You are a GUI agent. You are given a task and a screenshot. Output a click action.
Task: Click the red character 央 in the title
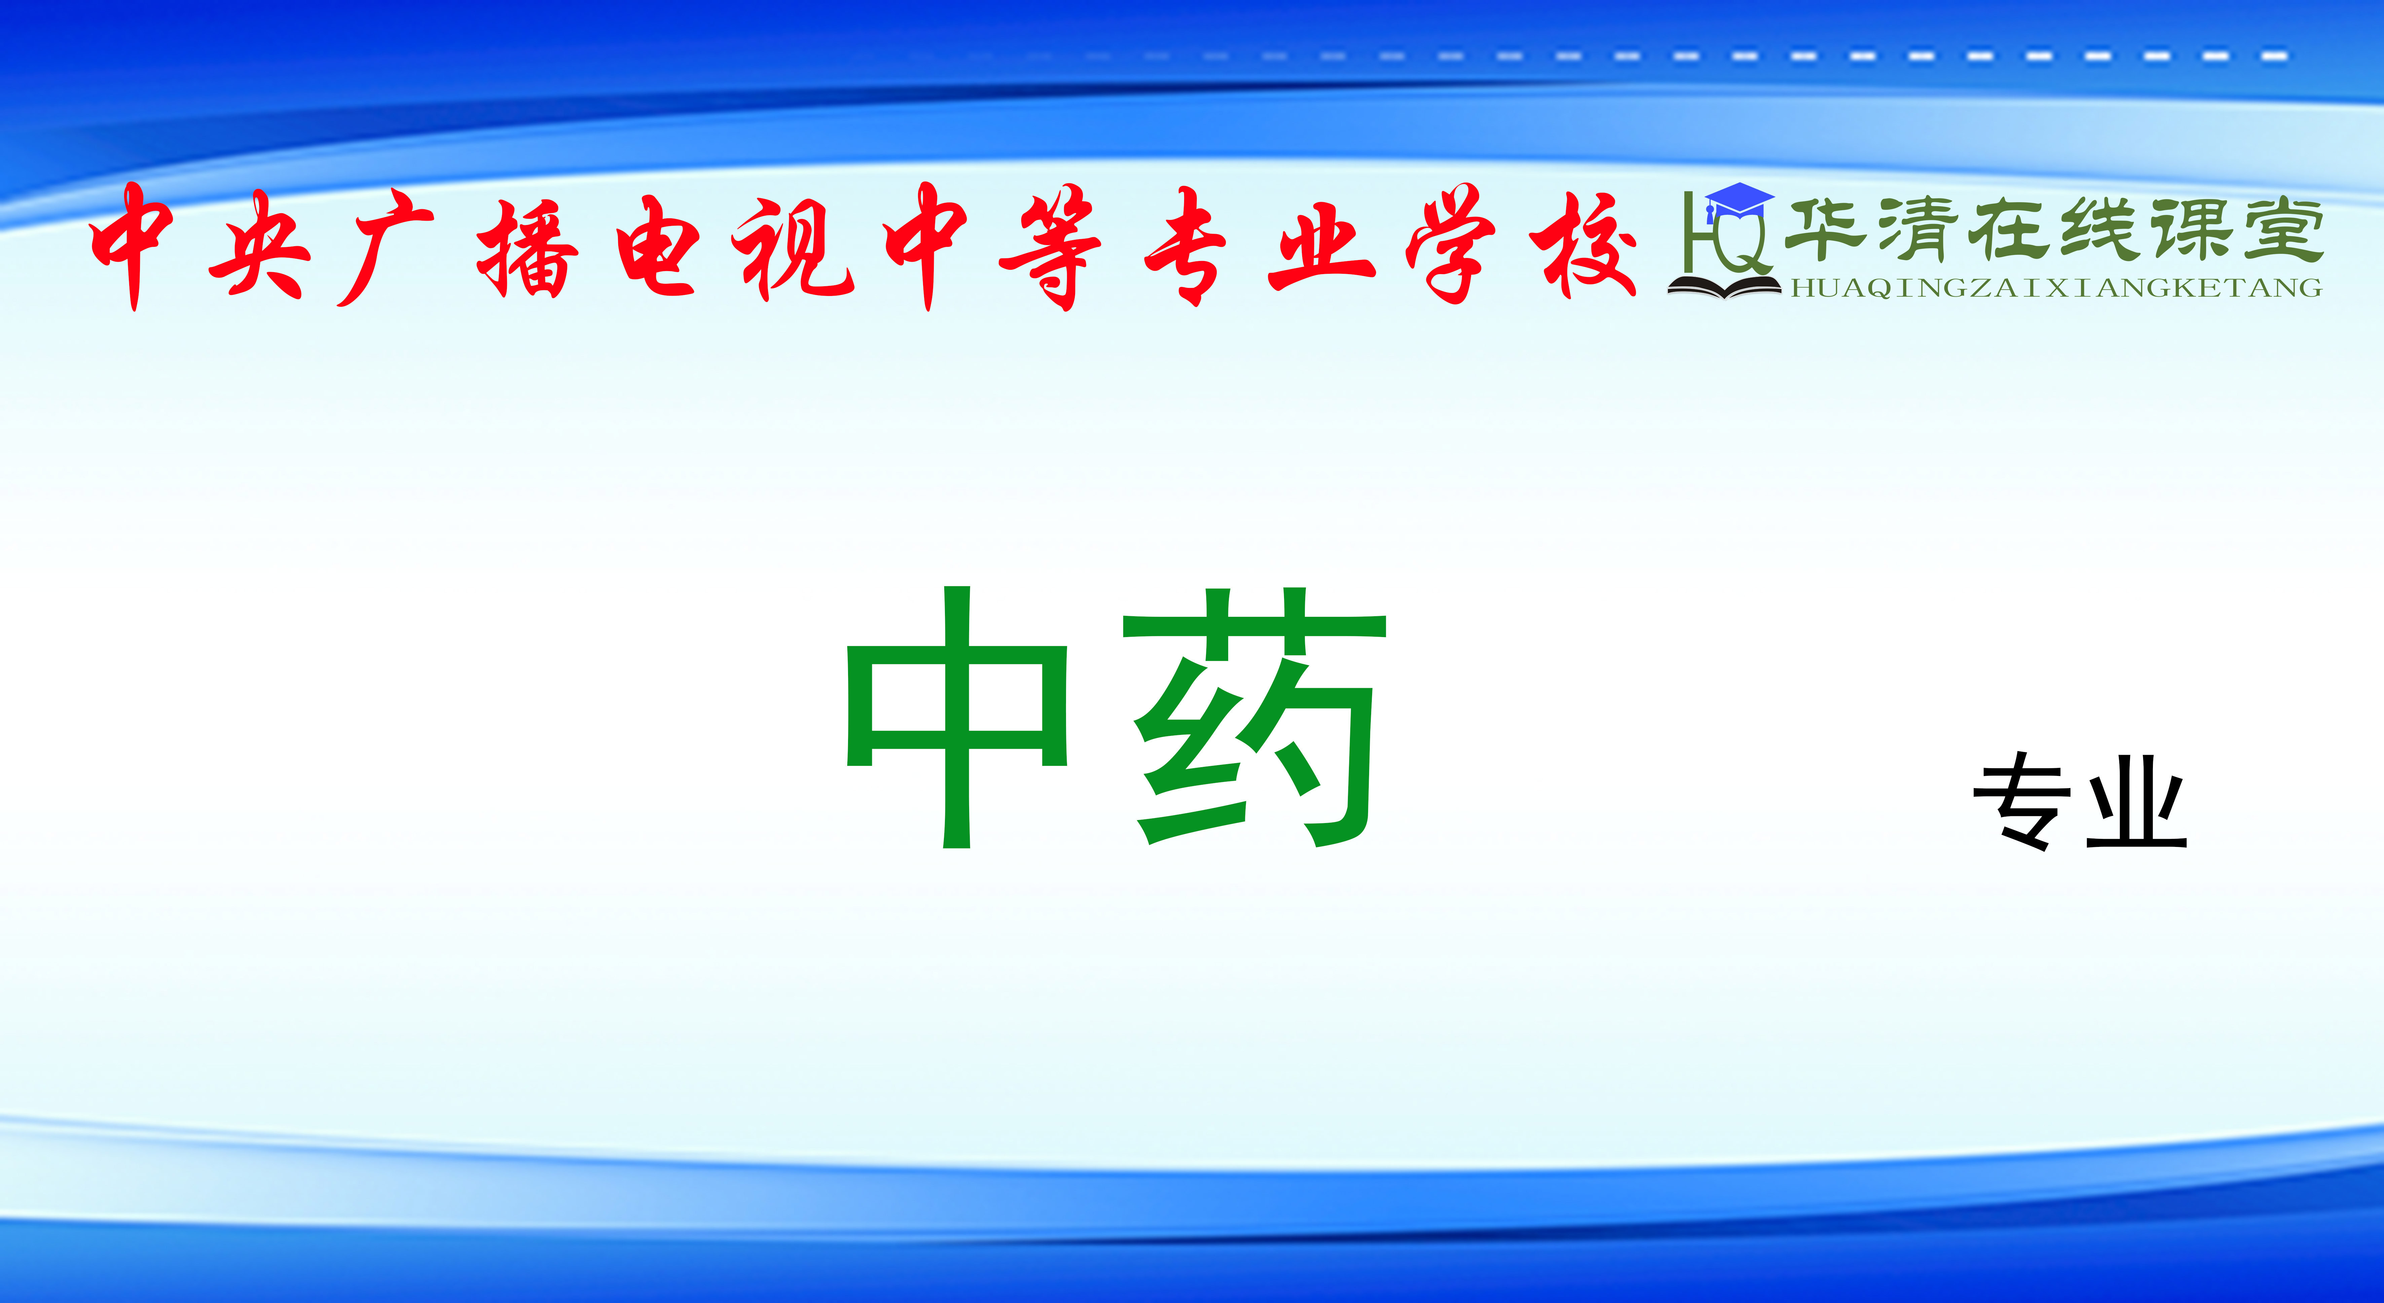click(259, 245)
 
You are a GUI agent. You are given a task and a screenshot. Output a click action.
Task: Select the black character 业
click(2136, 802)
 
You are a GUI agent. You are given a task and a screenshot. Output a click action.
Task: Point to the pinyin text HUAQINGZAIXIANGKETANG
click(2056, 288)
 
